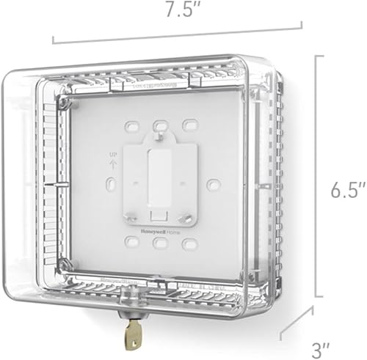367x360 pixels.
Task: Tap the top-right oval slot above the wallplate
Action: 190,122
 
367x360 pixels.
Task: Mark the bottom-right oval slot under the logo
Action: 190,240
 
